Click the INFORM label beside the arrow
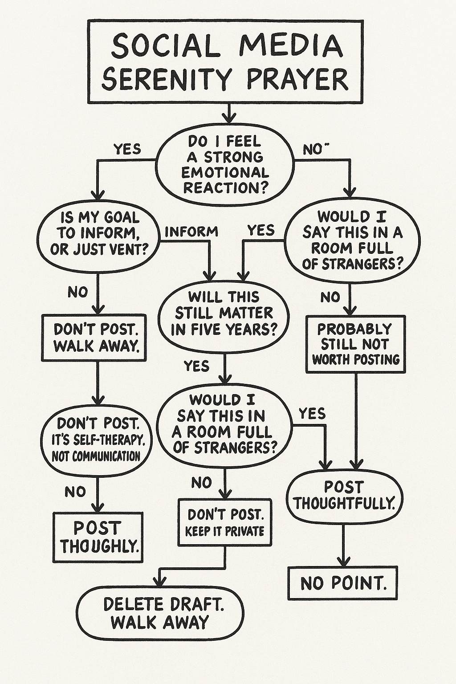[x=191, y=232]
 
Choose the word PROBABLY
[x=354, y=329]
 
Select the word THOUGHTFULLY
[x=344, y=503]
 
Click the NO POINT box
[x=342, y=583]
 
